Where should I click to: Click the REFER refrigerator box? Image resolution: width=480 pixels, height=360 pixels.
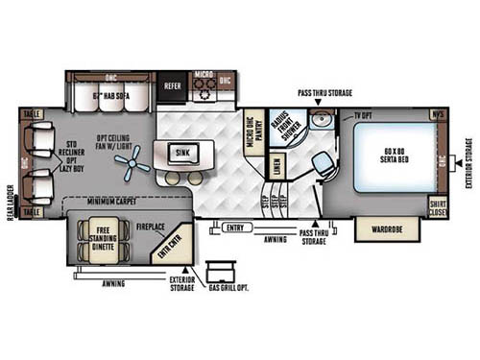click(172, 84)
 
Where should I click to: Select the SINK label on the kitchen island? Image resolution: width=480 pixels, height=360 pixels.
click(182, 151)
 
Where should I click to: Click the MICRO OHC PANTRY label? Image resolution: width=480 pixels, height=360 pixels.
click(252, 137)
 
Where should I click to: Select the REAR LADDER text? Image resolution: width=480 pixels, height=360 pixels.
click(11, 201)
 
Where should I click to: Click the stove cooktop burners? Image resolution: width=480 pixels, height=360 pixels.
click(203, 89)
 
